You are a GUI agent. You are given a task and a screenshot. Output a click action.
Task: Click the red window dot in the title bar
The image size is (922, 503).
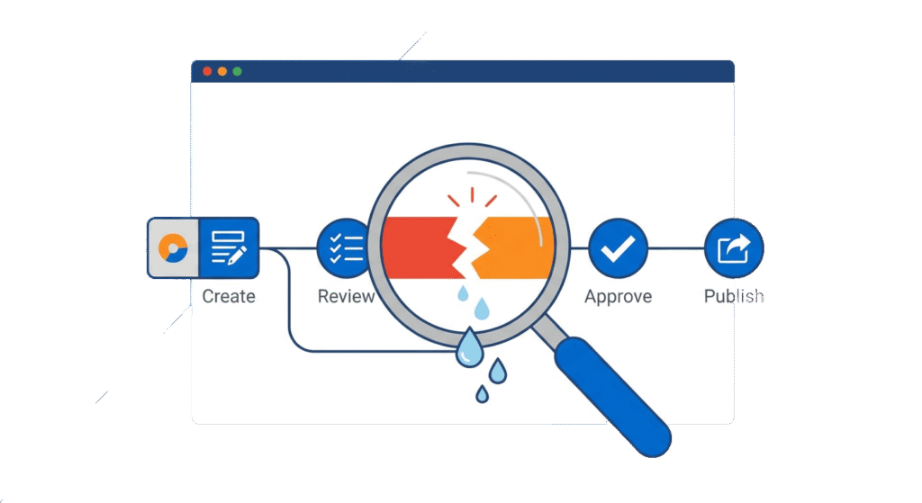coord(207,71)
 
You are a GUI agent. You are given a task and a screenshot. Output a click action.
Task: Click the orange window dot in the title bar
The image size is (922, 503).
coord(221,71)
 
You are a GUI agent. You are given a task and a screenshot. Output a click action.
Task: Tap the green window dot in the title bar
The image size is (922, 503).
coord(237,71)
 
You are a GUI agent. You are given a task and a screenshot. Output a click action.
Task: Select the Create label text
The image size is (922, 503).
coord(229,296)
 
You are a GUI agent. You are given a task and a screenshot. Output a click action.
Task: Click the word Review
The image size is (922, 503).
coord(346,296)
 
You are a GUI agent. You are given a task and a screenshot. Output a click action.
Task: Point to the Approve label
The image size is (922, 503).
coord(618,296)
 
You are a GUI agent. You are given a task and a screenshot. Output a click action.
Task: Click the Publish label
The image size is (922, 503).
coord(733,296)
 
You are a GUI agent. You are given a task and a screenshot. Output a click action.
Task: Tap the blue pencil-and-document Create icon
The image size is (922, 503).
coord(229,247)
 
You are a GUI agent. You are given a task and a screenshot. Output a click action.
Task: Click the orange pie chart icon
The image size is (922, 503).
coord(172,247)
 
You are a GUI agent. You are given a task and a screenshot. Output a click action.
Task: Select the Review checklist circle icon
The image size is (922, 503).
coord(346,247)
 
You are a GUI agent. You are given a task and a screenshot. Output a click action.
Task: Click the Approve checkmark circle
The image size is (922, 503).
coord(618,247)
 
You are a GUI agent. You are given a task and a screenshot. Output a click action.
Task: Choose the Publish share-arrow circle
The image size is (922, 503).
coord(733,247)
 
